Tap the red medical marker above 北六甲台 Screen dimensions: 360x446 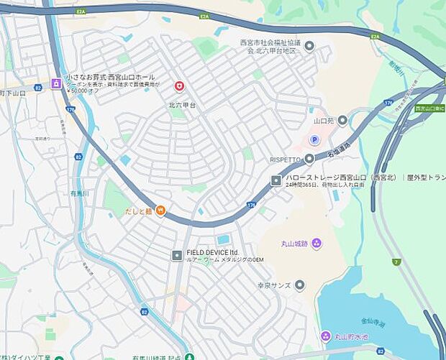pyautogui.click(x=179, y=86)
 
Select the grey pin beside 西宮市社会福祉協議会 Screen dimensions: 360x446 pyautogui.click(x=309, y=47)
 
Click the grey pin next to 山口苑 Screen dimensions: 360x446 pyautogui.click(x=342, y=120)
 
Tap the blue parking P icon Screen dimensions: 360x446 pyautogui.click(x=314, y=139)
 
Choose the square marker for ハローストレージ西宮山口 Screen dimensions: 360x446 pyautogui.click(x=276, y=180)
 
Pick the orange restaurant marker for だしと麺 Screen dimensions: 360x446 pyautogui.click(x=161, y=211)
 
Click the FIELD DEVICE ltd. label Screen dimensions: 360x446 pyautogui.click(x=212, y=253)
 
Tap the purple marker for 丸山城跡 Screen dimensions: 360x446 pyautogui.click(x=317, y=243)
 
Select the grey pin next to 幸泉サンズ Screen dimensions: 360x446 pyautogui.click(x=299, y=285)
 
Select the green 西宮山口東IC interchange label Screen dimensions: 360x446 pyautogui.click(x=429, y=109)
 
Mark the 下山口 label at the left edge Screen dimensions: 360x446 pyautogui.click(x=12, y=93)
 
